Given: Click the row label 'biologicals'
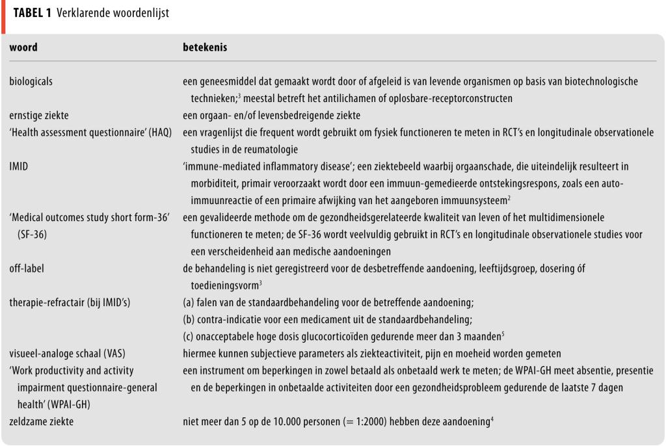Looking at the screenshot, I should pyautogui.click(x=31, y=82).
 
